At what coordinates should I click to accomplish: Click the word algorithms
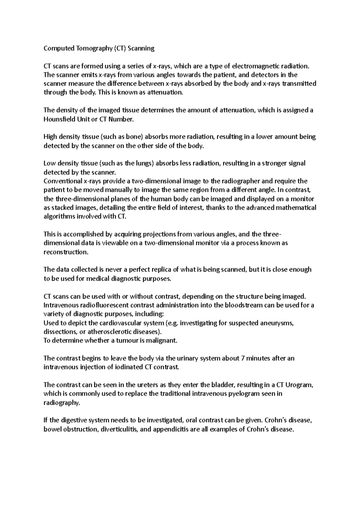(x=59, y=217)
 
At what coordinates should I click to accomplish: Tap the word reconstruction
(x=66, y=252)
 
